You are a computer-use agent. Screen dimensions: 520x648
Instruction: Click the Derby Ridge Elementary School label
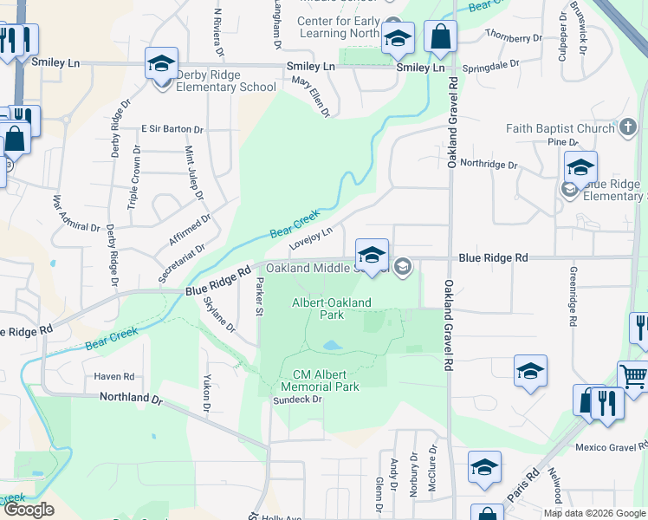coord(225,81)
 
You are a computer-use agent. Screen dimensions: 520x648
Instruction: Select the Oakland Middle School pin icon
coord(372,255)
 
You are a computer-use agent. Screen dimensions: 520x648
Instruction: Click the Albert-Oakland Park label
coord(331,309)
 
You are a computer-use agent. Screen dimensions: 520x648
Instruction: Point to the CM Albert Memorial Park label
coord(320,380)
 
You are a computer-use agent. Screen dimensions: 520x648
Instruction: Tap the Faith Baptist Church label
coord(560,129)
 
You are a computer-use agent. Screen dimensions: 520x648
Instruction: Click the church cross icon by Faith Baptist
coord(628,129)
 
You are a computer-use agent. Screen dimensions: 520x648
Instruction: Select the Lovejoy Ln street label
coord(311,237)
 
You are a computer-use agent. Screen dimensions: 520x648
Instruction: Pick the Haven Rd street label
coord(114,377)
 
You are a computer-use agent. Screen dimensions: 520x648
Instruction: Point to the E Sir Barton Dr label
coord(172,129)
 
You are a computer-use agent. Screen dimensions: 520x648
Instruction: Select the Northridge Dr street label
coord(488,164)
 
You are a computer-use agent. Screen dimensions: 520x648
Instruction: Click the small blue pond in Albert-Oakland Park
coord(331,346)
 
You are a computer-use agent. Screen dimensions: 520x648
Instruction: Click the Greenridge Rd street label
coord(573,296)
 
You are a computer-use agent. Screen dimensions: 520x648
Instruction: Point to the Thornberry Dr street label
coord(514,36)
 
